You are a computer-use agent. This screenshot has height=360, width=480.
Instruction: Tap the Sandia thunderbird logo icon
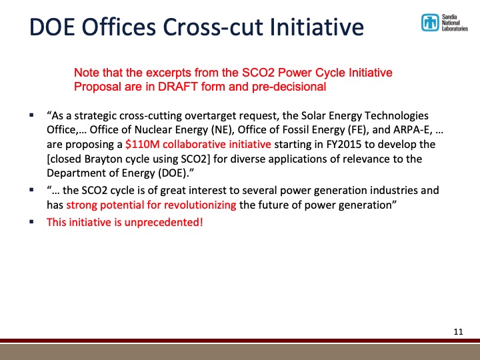coord(429,23)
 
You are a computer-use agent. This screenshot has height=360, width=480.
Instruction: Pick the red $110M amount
coord(142,143)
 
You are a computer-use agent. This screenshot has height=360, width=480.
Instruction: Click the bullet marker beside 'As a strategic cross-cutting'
coord(31,115)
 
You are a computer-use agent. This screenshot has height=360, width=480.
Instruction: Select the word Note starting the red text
coord(85,73)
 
